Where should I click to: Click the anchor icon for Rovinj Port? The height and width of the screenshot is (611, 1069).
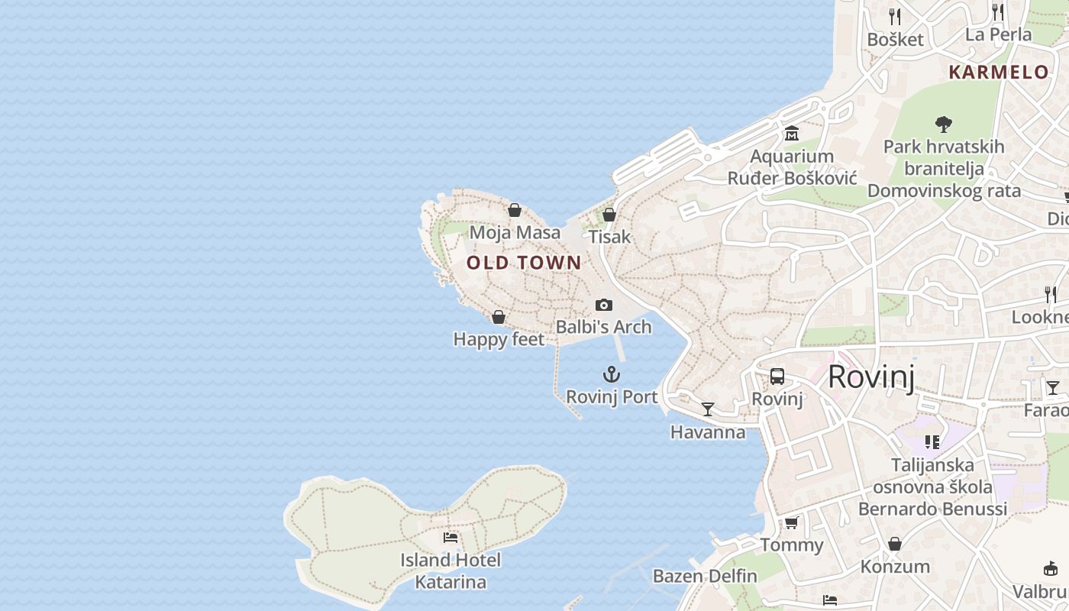click(612, 374)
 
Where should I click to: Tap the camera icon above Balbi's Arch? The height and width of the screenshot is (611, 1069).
click(604, 305)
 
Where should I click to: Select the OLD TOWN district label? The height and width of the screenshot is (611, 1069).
click(524, 263)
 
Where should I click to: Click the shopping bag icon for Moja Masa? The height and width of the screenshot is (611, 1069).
click(515, 210)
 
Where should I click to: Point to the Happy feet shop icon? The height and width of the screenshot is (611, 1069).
click(499, 317)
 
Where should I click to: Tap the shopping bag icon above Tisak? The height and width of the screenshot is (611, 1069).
click(609, 215)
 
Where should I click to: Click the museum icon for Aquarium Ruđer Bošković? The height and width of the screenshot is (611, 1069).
click(792, 134)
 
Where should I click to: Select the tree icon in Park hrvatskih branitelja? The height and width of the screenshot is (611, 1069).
click(944, 124)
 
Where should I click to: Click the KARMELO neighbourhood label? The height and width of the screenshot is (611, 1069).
click(999, 73)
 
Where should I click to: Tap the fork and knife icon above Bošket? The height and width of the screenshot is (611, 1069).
click(895, 16)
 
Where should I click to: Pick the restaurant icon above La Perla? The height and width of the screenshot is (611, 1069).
click(998, 11)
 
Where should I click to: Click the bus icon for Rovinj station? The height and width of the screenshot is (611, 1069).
click(777, 377)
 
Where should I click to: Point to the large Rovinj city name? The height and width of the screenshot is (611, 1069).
click(870, 377)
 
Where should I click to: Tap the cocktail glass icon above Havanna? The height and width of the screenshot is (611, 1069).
click(708, 409)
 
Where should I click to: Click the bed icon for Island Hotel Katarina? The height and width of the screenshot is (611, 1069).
click(451, 538)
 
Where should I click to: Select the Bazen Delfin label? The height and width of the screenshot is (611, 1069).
click(705, 576)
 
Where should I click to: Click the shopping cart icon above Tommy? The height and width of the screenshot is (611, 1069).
click(792, 522)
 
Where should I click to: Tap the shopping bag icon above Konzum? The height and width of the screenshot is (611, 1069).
click(895, 544)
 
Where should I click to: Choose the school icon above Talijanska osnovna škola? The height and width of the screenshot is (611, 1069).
click(932, 442)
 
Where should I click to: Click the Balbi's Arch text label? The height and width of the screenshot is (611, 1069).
click(603, 327)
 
